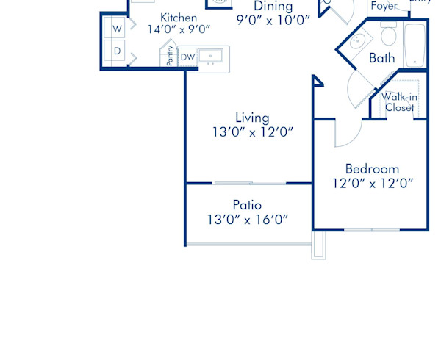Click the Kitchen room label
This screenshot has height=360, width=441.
click(179, 18)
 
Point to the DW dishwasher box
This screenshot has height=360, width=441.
click(187, 57)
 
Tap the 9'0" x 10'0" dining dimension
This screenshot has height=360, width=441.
click(273, 20)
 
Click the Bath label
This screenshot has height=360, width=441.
click(382, 58)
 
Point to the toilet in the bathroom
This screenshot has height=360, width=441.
click(389, 35)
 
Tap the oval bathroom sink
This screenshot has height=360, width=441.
click(359, 40)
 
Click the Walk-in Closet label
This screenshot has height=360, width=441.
click(399, 101)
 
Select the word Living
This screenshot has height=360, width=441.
click(252, 118)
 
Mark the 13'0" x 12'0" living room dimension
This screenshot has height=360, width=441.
click(252, 132)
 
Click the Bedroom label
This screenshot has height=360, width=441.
click(372, 169)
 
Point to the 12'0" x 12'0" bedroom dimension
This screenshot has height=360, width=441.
click(372, 184)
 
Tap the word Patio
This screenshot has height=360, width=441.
click(247, 205)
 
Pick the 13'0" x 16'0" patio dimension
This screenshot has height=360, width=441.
click(247, 219)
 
